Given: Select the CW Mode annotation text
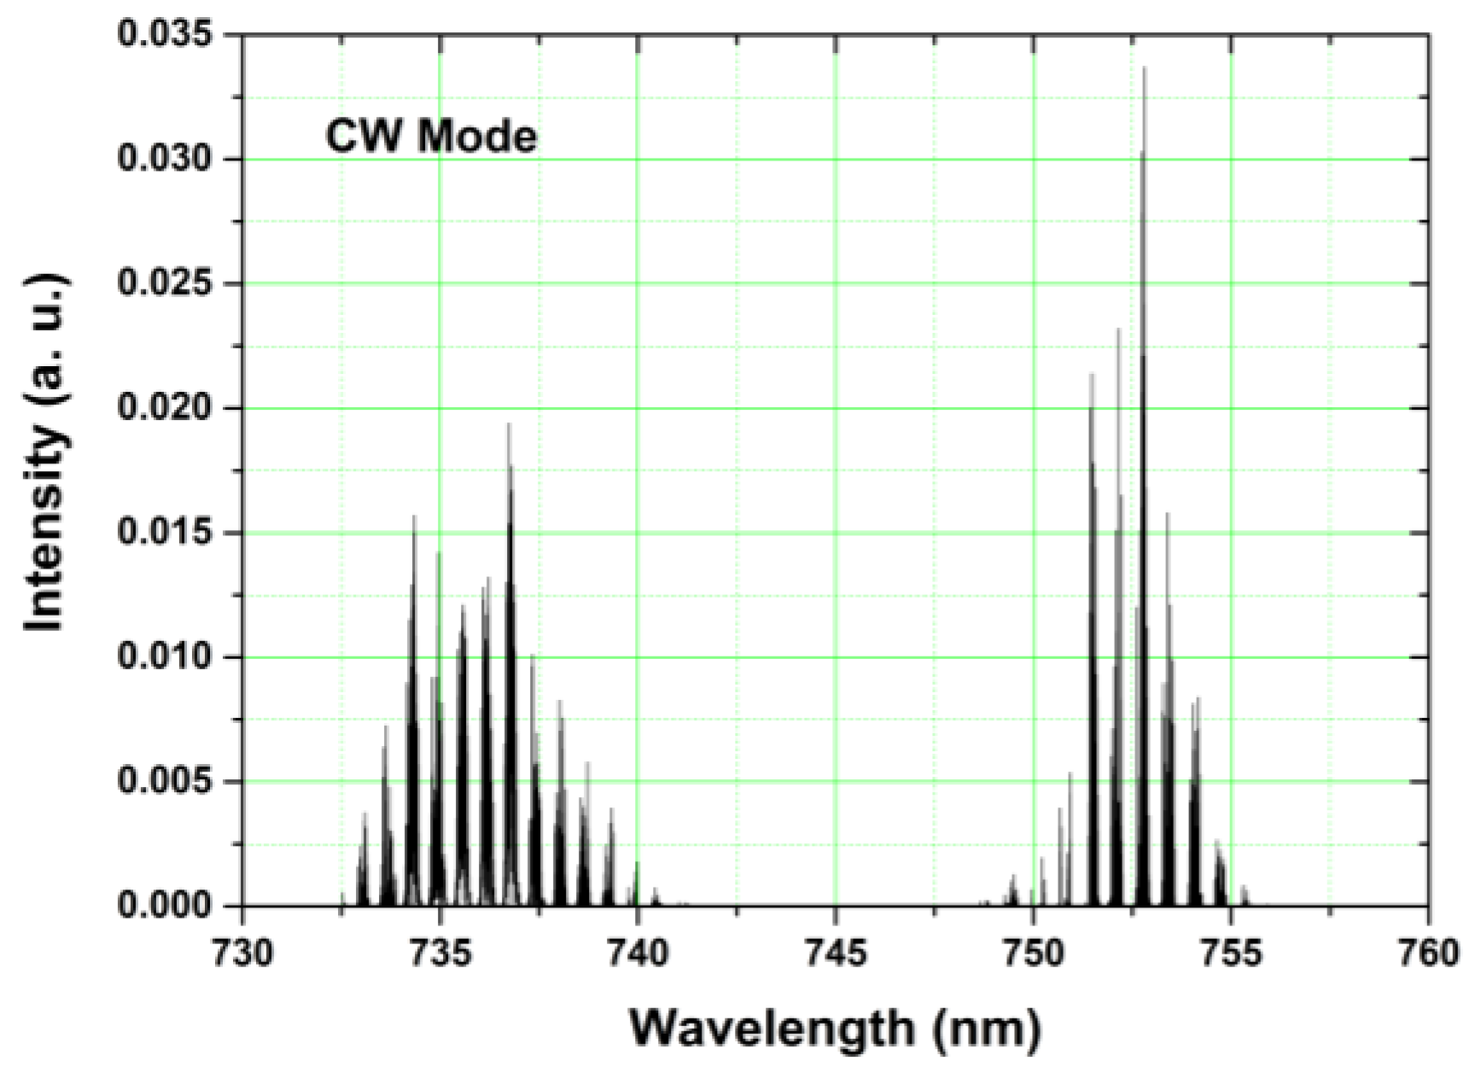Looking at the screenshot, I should coord(432,137).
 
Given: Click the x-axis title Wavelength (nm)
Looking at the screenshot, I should coord(836,1028).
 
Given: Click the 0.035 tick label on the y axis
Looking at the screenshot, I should coord(165,36).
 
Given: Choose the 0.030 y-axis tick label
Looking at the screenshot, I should coord(165,160).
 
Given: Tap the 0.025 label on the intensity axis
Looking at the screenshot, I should coord(165,284).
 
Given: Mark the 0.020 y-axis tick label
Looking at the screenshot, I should coord(165,409).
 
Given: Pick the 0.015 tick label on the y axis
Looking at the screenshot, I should coord(165,533).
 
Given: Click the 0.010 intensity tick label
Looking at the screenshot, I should coord(165,657).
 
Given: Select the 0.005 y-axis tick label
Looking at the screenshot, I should coord(165,782).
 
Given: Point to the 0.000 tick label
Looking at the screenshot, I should coord(165,906).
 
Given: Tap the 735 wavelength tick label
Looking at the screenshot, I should coord(440,953).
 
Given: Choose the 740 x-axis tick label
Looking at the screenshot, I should coord(638,953).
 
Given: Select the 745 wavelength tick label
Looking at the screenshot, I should coord(836,953).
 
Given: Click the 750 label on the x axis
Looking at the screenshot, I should coord(1034,953).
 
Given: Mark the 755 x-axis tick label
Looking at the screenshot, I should coord(1231,953).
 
